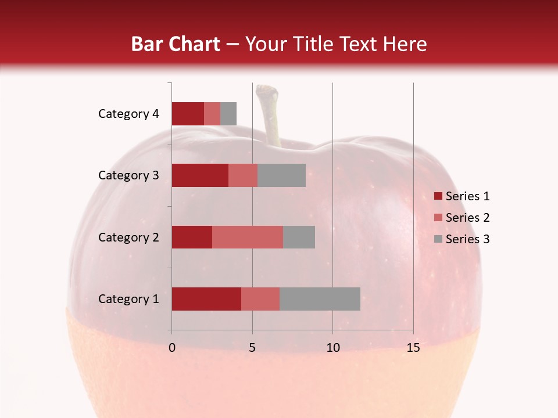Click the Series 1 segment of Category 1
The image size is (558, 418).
point(206,299)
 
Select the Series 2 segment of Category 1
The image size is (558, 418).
point(260,299)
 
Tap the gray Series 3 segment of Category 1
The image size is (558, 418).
point(320,299)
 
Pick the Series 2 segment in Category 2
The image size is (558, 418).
point(248,237)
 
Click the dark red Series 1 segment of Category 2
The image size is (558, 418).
point(192,237)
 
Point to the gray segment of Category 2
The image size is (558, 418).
point(299,237)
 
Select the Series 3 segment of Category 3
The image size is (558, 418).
point(281,175)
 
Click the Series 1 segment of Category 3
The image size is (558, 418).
point(200,175)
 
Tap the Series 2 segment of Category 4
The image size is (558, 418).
point(212,114)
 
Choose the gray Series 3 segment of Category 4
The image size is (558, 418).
point(228,114)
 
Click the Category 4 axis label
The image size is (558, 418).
point(128,114)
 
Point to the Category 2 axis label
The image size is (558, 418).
point(128,237)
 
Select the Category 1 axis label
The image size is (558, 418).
point(128,299)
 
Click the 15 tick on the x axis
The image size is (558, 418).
point(413,348)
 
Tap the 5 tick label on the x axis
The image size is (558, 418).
point(252,348)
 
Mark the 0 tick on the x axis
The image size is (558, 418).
point(172,348)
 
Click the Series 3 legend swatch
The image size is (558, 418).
point(438,239)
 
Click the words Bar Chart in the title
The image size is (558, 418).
point(176,44)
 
